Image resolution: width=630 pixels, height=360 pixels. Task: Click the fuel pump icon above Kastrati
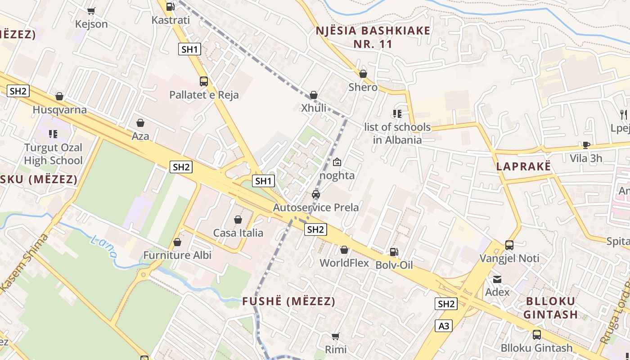coord(170,7)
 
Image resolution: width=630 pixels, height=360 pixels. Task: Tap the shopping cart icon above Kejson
coord(91,11)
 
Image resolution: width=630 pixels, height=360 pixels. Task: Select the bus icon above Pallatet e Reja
coord(204,81)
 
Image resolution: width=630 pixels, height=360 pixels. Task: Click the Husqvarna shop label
coord(60,110)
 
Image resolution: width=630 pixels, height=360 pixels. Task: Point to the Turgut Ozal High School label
coord(53,154)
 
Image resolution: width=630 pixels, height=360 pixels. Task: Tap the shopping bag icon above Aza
coord(140,123)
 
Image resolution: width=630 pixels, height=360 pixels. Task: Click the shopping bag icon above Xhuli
coord(314,95)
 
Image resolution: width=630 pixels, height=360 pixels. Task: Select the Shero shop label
coord(363,87)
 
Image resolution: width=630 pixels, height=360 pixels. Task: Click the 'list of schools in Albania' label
coord(397,133)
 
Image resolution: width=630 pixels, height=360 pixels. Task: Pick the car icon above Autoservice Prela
coord(316,194)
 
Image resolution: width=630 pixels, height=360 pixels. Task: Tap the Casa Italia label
coord(238,233)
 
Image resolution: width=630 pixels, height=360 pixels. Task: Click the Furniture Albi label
coord(177,255)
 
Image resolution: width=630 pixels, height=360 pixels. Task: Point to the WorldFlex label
coord(344,263)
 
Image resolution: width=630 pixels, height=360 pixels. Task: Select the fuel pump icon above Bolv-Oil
coord(394,252)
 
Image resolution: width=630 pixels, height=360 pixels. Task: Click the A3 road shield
coord(444,326)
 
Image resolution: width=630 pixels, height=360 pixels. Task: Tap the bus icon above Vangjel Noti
coord(509,245)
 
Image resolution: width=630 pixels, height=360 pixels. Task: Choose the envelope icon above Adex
coord(497,279)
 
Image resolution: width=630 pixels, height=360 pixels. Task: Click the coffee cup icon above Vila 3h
coord(586,145)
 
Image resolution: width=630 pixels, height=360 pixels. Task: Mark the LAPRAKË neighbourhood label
coord(523,166)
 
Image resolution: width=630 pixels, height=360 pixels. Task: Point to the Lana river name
coord(104,247)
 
